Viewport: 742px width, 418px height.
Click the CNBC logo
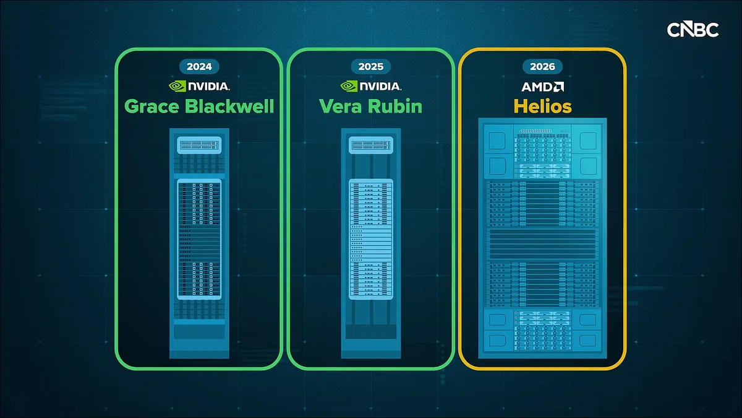693,30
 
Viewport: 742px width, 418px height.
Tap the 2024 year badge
199,66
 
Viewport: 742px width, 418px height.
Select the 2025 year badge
370,66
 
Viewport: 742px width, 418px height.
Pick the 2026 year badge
542,66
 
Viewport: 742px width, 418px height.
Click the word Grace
151,107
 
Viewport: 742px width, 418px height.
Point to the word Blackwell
229,106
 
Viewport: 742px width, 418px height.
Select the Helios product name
543,107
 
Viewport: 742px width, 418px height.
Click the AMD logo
543,87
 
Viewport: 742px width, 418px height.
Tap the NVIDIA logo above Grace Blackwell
199,86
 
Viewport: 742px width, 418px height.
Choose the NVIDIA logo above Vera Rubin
370,86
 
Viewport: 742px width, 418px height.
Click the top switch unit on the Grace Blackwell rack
199,146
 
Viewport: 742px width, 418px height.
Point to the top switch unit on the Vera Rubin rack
370,146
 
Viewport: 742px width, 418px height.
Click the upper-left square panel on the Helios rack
497,141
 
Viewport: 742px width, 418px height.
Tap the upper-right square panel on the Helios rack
588,141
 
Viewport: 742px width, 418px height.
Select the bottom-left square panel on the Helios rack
497,341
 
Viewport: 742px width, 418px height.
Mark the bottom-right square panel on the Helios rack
588,341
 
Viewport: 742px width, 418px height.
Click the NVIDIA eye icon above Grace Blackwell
177,86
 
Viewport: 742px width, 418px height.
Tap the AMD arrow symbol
558,87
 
